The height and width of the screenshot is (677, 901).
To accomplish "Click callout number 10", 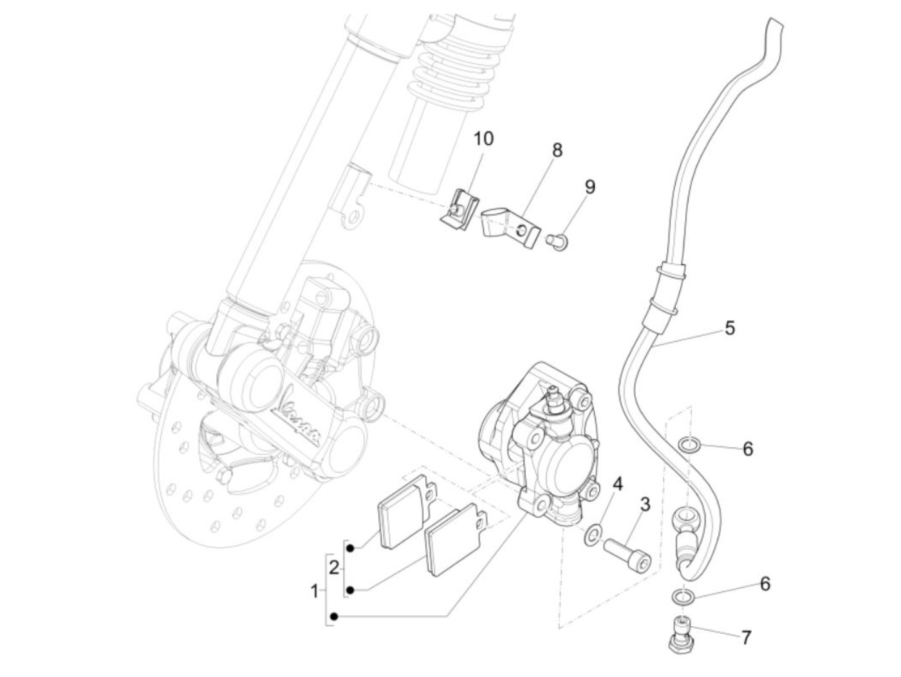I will pyautogui.click(x=484, y=138).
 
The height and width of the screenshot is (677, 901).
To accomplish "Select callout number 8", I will pyautogui.click(x=557, y=151).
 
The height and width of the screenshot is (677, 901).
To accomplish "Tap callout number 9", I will pyautogui.click(x=590, y=187).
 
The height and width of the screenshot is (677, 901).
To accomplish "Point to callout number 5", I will pyautogui.click(x=729, y=328).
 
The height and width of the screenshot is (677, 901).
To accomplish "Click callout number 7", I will pyautogui.click(x=746, y=638).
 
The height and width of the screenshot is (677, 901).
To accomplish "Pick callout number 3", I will pyautogui.click(x=645, y=505).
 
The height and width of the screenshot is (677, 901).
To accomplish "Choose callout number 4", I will pyautogui.click(x=617, y=485).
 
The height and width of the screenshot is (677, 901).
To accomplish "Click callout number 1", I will pyautogui.click(x=315, y=591).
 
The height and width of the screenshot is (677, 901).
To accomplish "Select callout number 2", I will pyautogui.click(x=333, y=568).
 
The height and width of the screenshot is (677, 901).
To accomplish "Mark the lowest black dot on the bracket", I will pyautogui.click(x=333, y=617).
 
